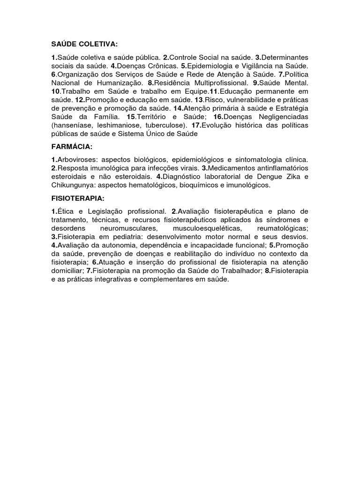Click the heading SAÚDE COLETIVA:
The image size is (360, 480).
pos(84,44)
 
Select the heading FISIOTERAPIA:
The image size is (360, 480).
pos(78,198)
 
